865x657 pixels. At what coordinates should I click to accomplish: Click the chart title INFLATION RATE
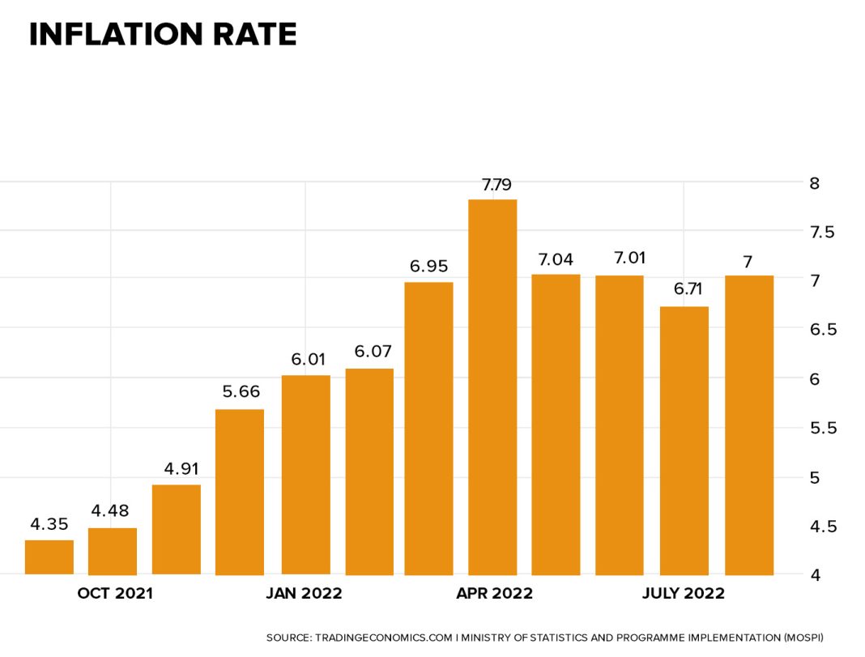click(163, 35)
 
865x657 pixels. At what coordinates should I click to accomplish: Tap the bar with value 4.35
click(49, 557)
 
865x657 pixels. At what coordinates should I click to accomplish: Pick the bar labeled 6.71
click(684, 441)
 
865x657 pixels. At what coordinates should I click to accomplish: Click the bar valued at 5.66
click(240, 492)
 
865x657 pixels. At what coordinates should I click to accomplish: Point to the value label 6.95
click(428, 267)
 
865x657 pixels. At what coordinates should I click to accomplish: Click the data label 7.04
click(556, 259)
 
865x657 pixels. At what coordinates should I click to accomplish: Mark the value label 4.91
click(177, 468)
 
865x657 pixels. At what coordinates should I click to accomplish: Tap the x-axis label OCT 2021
click(115, 594)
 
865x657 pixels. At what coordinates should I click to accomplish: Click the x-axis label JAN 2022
click(305, 594)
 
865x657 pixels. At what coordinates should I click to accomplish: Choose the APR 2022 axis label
click(495, 594)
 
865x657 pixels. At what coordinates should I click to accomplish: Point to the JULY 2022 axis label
click(684, 594)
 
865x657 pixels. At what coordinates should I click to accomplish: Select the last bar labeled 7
click(749, 424)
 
